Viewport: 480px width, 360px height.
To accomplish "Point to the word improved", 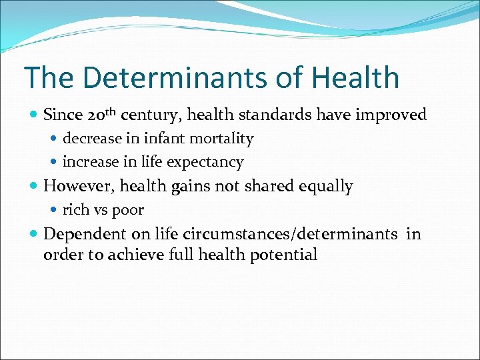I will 391,115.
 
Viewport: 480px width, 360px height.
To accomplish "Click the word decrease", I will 92,139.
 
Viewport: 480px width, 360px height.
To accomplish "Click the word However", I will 79,187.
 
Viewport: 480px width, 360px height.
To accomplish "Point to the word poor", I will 129,210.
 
